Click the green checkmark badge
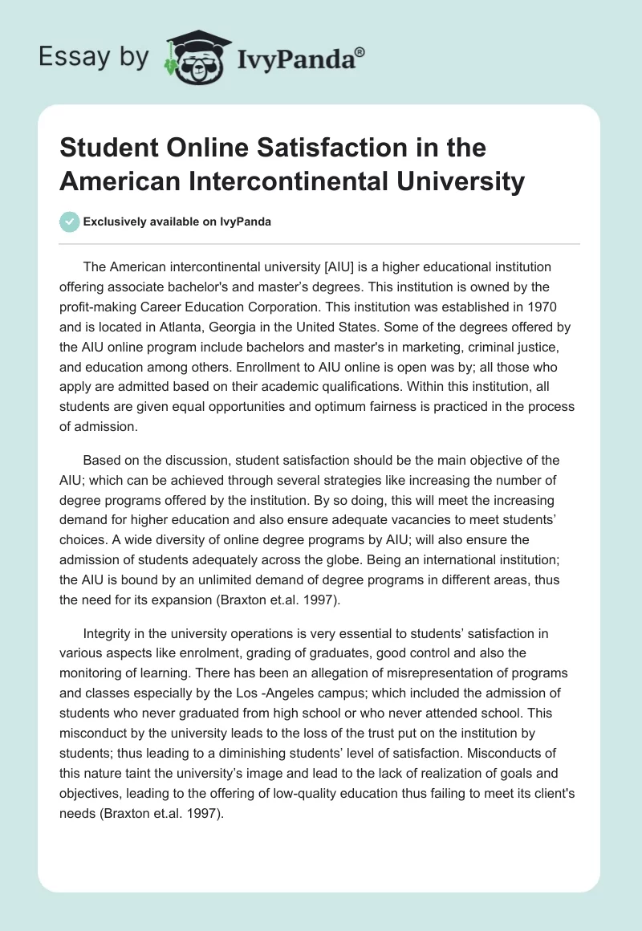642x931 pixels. (x=70, y=222)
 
